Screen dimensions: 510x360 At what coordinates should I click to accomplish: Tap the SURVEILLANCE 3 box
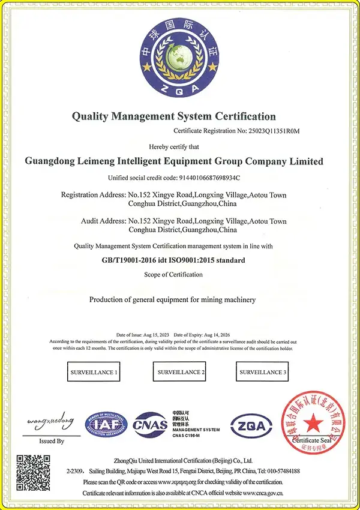[x=263, y=373]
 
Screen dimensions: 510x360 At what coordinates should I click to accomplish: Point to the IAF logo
[x=106, y=425]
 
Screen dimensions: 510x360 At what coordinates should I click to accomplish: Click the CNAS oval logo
[x=150, y=425]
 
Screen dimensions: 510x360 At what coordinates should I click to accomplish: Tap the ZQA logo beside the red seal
[x=251, y=425]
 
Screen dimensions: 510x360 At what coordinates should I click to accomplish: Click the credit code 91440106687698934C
[x=210, y=178]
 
